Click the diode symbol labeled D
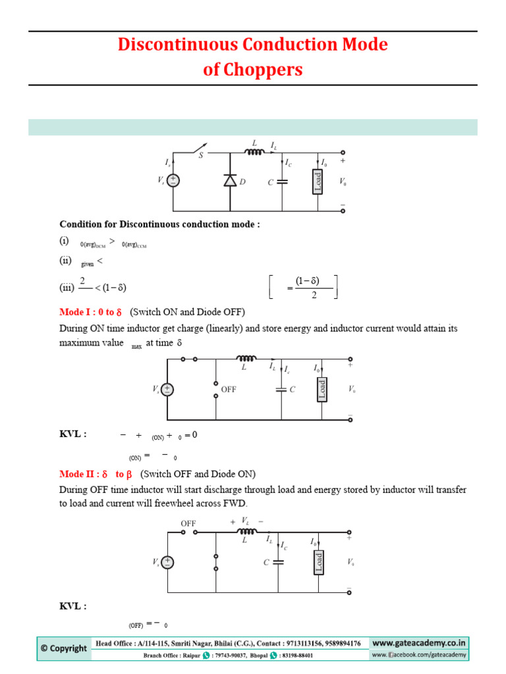230,181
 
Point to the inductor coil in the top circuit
255,152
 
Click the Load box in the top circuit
318,182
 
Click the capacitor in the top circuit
283,182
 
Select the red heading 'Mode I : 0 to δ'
92,311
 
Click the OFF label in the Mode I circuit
229,390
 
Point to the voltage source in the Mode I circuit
167,390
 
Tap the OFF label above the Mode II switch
189,523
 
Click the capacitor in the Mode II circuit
279,562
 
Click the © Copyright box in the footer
64,648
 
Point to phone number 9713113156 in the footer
306,643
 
